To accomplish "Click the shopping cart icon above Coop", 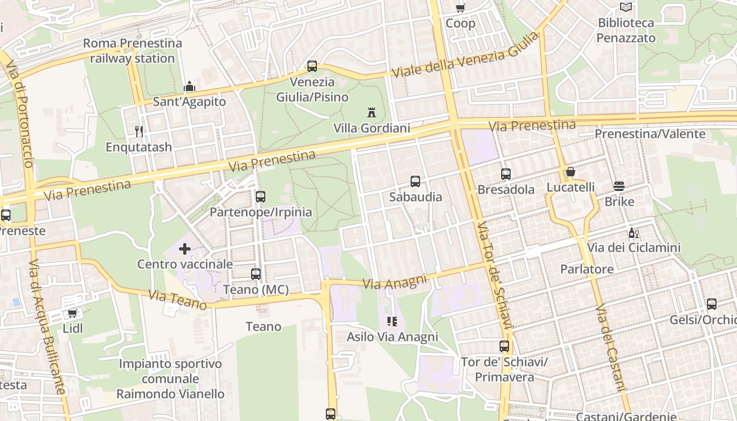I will click(460, 8).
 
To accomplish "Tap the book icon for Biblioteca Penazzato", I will click(625, 7).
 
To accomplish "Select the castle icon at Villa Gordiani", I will click(372, 112).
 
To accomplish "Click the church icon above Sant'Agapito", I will click(189, 86).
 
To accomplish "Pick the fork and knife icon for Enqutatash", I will click(139, 131).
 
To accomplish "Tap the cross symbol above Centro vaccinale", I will click(185, 248).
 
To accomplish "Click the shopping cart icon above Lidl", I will click(73, 313).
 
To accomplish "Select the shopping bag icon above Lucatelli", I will click(570, 172).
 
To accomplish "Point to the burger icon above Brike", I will click(619, 186).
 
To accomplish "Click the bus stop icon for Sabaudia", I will click(415, 182).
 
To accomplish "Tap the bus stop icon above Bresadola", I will click(506, 174).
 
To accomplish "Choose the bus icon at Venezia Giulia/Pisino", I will click(312, 66).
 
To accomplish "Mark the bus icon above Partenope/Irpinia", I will click(261, 197).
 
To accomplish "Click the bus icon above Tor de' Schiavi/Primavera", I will click(504, 346).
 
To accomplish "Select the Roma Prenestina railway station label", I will click(132, 51).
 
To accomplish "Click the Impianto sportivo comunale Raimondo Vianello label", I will click(170, 378).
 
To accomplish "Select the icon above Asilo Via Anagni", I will click(392, 321).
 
